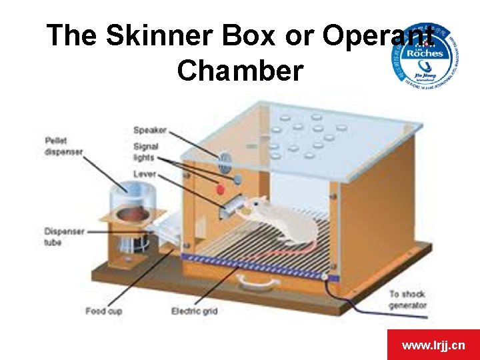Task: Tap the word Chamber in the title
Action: pyautogui.click(x=240, y=70)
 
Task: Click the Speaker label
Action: pyautogui.click(x=150, y=130)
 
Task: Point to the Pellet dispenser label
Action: pyautogui.click(x=64, y=146)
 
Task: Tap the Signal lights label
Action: pyautogui.click(x=146, y=152)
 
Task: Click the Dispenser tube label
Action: pyautogui.click(x=64, y=237)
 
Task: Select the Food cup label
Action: pyautogui.click(x=103, y=311)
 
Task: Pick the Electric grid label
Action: pyautogui.click(x=193, y=311)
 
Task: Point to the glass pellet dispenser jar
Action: pyautogui.click(x=130, y=200)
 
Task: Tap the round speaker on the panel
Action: pyautogui.click(x=225, y=159)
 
